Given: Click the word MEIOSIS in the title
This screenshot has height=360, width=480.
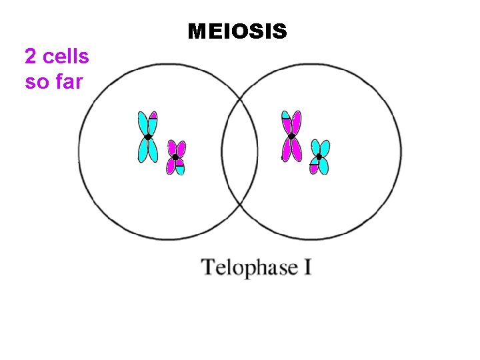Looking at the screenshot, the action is click(x=237, y=31).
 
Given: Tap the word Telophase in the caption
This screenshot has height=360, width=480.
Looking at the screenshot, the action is click(x=250, y=268).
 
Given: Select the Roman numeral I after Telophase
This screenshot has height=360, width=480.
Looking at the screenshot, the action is click(x=307, y=267).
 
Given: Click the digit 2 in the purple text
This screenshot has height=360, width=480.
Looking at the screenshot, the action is click(x=30, y=57).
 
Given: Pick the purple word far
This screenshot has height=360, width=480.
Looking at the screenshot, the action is click(x=67, y=82).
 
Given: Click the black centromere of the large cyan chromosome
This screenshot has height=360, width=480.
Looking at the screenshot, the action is click(x=148, y=137).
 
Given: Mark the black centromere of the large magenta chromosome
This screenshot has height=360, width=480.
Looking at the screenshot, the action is click(x=291, y=136).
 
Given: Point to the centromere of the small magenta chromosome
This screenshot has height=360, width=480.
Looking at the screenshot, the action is click(x=175, y=158).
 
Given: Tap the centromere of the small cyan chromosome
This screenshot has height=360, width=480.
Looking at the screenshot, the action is click(x=319, y=157).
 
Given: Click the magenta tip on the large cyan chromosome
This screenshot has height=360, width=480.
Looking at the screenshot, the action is click(x=153, y=115).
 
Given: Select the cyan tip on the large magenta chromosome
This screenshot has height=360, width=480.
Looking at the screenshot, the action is click(x=286, y=115).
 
